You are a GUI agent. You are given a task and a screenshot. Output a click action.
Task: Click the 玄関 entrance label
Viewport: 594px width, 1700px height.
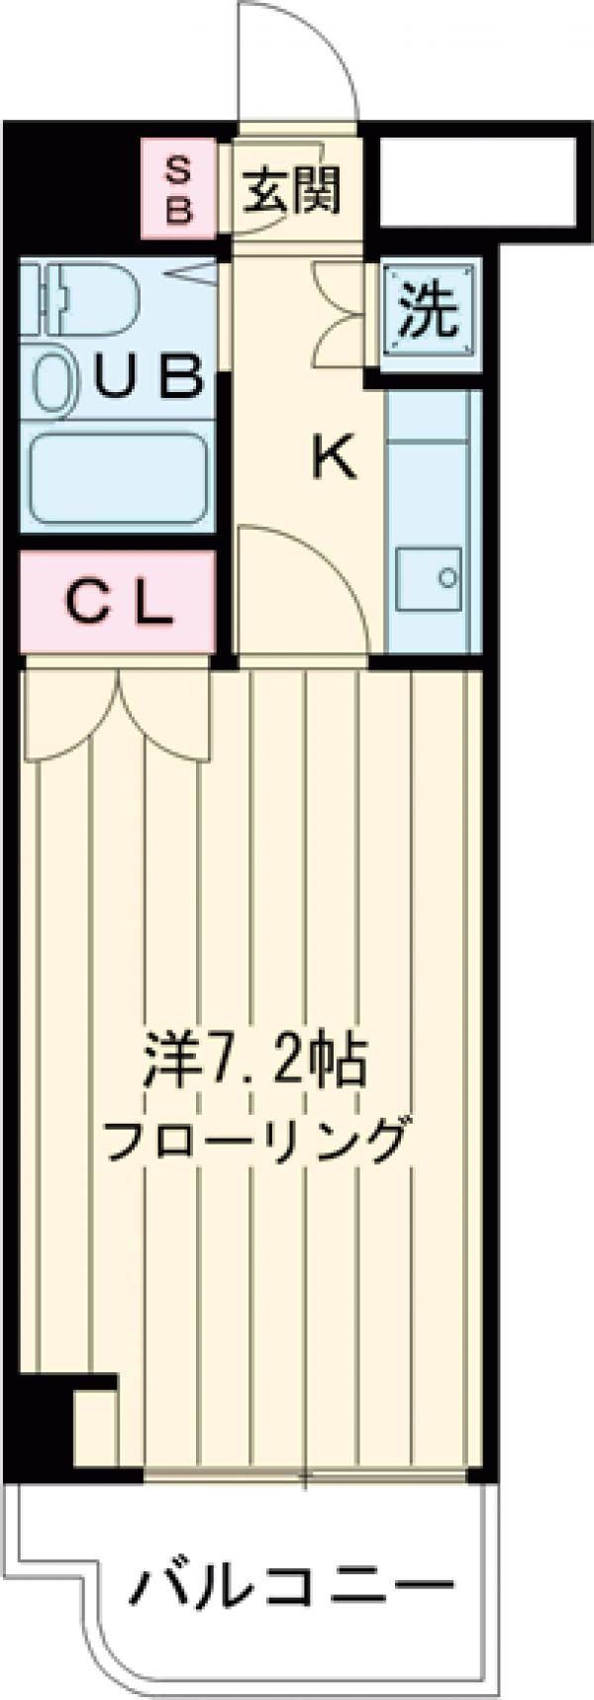point(293,189)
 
